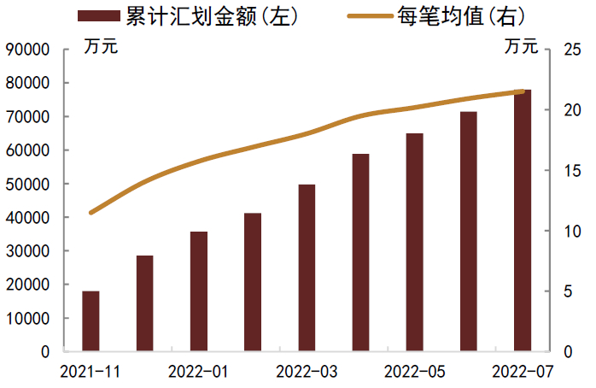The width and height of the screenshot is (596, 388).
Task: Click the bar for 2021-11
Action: (x=91, y=321)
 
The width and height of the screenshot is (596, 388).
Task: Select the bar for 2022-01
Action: (x=199, y=291)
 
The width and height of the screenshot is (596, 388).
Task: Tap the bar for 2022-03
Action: (x=307, y=267)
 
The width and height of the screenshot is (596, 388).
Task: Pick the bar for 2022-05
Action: (x=414, y=243)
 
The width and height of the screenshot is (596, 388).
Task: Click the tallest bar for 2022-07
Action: (x=523, y=220)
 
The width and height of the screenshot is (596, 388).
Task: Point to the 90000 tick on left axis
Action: (x=28, y=50)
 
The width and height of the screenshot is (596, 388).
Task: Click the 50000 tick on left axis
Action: (x=28, y=184)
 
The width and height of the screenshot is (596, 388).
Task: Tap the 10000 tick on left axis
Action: (x=28, y=319)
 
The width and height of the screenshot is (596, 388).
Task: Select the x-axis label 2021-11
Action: (x=91, y=372)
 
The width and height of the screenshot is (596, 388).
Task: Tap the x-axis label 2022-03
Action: (x=307, y=372)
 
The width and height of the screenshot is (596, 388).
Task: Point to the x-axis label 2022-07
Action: (x=523, y=372)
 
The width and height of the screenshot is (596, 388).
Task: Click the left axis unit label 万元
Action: (x=101, y=46)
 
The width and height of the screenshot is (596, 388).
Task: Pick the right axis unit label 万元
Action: (x=521, y=46)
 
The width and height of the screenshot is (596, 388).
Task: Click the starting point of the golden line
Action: (x=91, y=212)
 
